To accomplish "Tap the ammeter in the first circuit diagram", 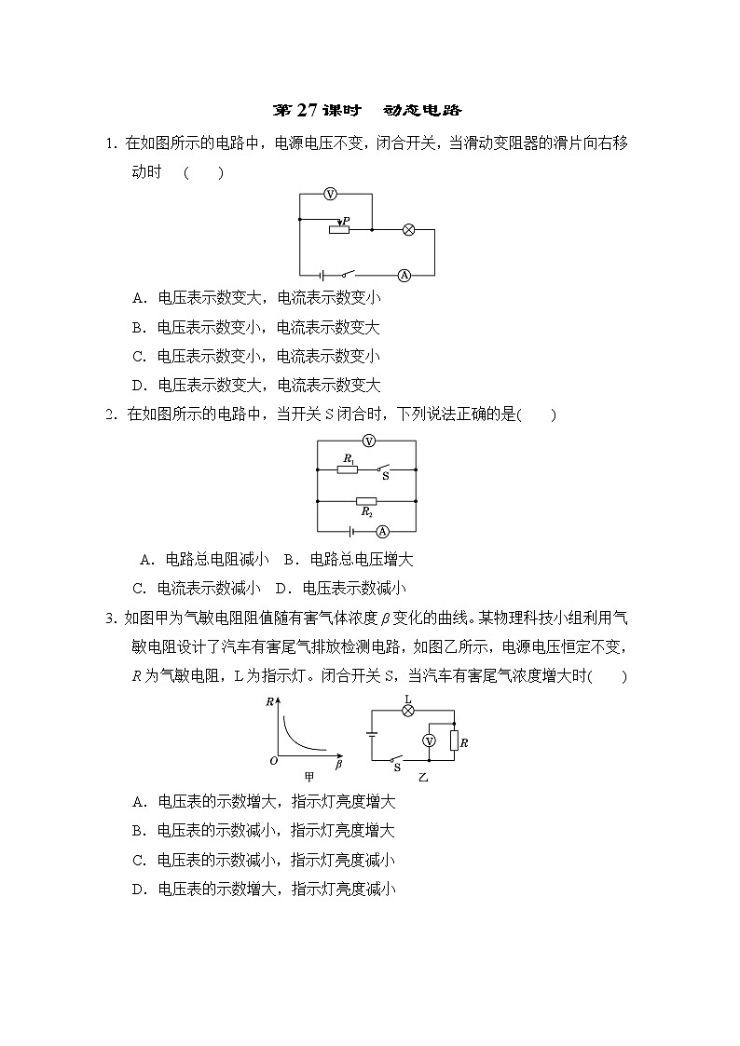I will (404, 275).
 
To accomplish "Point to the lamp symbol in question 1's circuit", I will (407, 228).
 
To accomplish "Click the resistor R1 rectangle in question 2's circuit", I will (347, 469).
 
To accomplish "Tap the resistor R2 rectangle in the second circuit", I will (367, 501).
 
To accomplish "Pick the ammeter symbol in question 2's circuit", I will (382, 531).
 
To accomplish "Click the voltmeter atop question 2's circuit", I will (368, 441).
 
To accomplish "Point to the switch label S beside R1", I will (386, 475).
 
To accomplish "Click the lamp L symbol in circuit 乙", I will (407, 710).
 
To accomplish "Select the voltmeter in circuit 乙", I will (430, 740).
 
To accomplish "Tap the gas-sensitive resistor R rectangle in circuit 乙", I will (453, 740).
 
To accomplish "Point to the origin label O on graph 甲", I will (274, 761).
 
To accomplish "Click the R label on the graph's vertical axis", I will (269, 705).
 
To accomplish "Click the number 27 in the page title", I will (308, 110).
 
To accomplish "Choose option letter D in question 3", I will (137, 890).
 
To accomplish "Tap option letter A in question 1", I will (137, 298).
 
